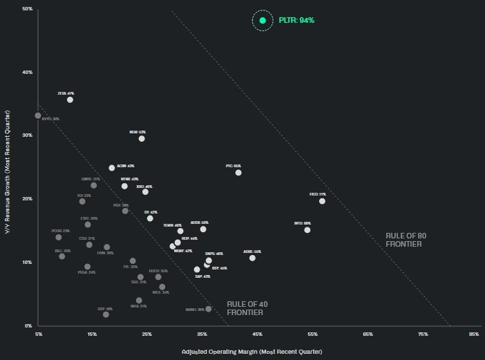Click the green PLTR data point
point(263,21)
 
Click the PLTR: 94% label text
point(297,21)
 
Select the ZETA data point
point(70,100)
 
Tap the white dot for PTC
point(238,173)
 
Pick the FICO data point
point(322,201)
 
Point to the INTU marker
point(307,230)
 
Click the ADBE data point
point(252,258)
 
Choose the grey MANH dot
point(209,309)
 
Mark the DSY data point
point(106,314)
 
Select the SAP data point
point(197,269)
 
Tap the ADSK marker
point(203,229)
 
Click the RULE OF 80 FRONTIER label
point(406,240)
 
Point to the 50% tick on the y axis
point(28,9)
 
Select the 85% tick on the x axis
point(474,334)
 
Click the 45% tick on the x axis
point(257,334)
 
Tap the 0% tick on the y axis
point(29,325)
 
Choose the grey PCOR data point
point(59,238)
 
